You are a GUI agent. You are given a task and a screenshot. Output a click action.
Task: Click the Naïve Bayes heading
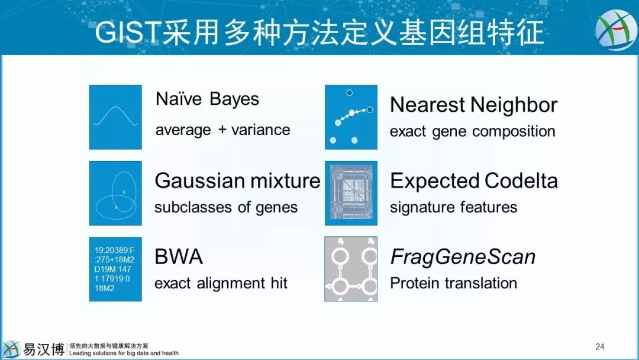[207, 99]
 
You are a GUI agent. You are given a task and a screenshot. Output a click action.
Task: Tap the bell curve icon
[116, 117]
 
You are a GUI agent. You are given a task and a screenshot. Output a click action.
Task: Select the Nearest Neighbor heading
[473, 105]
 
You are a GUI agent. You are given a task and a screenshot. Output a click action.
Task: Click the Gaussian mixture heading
[238, 181]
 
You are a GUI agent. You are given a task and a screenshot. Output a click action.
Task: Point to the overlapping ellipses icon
[116, 193]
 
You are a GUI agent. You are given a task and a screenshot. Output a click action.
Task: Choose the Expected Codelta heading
[474, 181]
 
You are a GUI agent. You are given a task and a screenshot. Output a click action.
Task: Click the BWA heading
[179, 257]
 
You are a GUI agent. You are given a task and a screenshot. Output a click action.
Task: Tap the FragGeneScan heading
[463, 257]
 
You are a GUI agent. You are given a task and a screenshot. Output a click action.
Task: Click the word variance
[261, 130]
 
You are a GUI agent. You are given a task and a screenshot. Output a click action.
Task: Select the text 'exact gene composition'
[473, 131]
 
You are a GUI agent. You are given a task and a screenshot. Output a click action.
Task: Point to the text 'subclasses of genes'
[226, 207]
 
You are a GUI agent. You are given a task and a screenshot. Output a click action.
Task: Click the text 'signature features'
[454, 207]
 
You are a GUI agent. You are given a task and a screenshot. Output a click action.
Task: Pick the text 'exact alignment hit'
[221, 283]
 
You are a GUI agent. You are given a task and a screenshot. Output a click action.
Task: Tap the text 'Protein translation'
[454, 283]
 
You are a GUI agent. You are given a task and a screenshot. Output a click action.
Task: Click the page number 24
[600, 346]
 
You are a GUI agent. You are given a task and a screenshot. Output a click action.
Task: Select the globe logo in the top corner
[616, 30]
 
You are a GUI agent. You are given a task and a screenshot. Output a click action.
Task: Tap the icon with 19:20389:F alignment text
[116, 269]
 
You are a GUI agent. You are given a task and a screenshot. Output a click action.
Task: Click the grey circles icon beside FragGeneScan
[351, 269]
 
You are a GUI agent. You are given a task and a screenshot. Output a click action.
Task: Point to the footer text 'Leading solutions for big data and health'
[124, 353]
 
